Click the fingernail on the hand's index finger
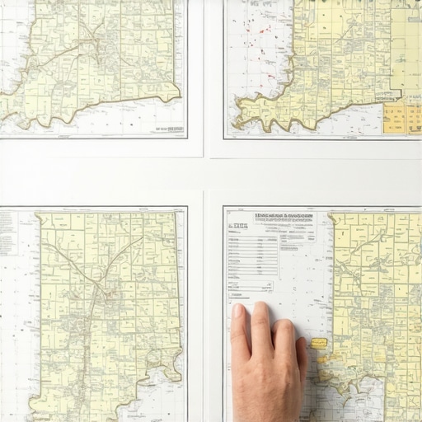(x=239, y=312)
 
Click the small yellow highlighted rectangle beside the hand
(x=319, y=343)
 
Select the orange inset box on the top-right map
(x=402, y=118)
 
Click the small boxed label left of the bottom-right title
(x=238, y=225)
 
